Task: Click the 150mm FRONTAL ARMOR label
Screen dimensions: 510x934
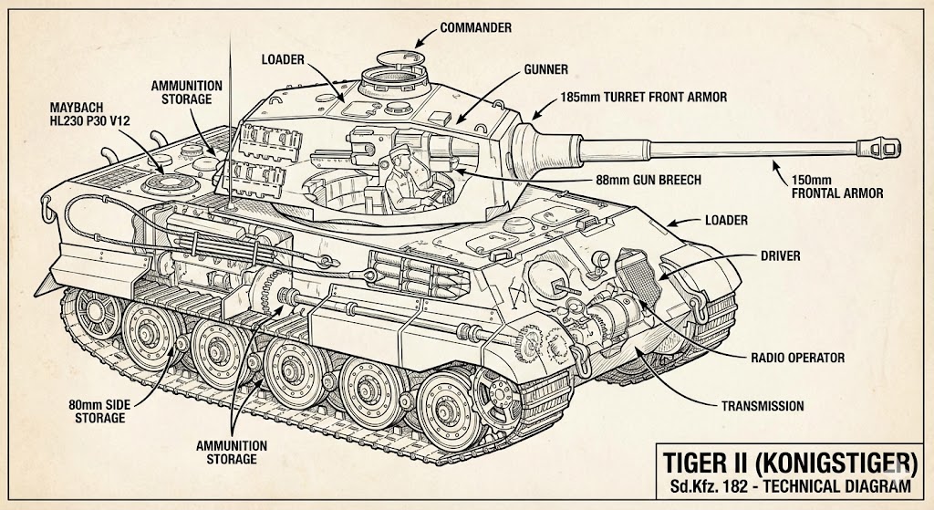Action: [839, 186]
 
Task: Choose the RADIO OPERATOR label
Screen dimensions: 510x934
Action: [796, 359]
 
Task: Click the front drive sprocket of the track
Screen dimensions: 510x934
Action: [501, 399]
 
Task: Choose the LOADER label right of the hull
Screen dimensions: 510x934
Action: [726, 220]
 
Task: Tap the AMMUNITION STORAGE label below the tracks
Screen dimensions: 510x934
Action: [232, 452]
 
